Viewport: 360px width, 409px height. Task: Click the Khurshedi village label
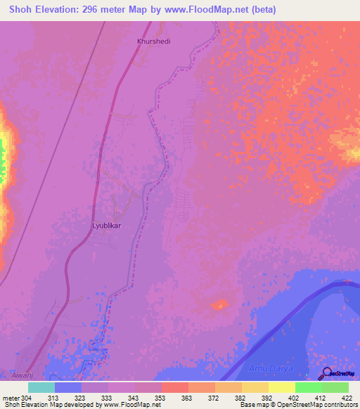(x=153, y=41)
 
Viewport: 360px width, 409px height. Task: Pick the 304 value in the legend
(x=27, y=397)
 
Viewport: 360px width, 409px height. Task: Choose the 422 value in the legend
(x=347, y=397)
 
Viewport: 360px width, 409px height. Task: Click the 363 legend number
(x=188, y=397)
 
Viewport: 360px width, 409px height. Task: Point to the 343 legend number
(x=134, y=397)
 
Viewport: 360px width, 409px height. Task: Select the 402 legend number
(x=294, y=397)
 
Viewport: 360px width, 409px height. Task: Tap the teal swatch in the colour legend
(x=41, y=387)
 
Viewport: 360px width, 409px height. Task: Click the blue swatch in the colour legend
(x=68, y=387)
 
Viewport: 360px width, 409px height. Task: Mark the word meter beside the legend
(x=10, y=397)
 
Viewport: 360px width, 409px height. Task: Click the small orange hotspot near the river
(x=220, y=304)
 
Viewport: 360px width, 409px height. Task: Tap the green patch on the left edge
(x=2, y=158)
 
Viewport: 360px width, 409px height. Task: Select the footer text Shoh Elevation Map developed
(x=42, y=405)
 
